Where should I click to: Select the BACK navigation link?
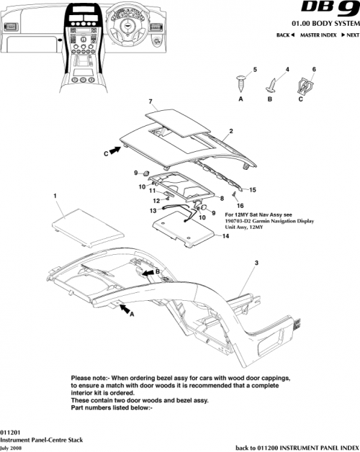click(x=286, y=35)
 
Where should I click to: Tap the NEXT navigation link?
click(x=350, y=35)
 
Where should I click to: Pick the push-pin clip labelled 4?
click(x=274, y=84)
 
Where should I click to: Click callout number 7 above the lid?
click(x=150, y=101)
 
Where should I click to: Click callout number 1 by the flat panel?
click(x=55, y=195)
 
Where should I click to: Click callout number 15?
click(x=252, y=190)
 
